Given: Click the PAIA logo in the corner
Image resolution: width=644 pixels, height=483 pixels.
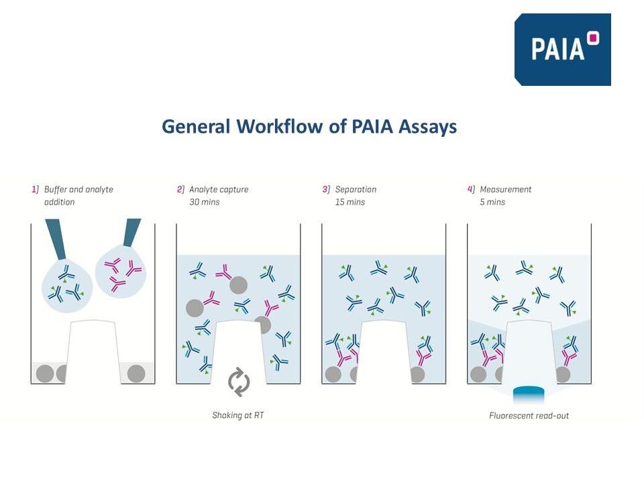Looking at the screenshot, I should click(x=562, y=49).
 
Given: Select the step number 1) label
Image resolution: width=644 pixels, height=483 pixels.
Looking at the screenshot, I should click(x=35, y=190).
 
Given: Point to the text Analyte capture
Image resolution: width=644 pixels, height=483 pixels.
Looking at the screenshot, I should click(x=219, y=190).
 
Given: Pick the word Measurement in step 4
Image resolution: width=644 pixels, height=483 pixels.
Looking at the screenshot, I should click(x=506, y=190).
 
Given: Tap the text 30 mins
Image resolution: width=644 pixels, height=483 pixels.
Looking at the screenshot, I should click(x=204, y=202).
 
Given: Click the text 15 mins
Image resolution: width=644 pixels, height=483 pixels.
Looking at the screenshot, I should click(x=350, y=202).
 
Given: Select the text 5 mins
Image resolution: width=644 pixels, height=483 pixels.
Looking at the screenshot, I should click(x=492, y=202).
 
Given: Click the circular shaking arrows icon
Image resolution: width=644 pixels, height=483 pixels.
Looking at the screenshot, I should click(x=239, y=382).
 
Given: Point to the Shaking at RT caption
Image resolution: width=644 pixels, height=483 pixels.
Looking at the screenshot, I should click(x=238, y=416).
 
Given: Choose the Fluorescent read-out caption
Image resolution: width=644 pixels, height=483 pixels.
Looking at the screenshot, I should click(x=529, y=416).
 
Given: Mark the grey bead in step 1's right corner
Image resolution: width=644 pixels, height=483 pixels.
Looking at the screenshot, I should click(x=136, y=373).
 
